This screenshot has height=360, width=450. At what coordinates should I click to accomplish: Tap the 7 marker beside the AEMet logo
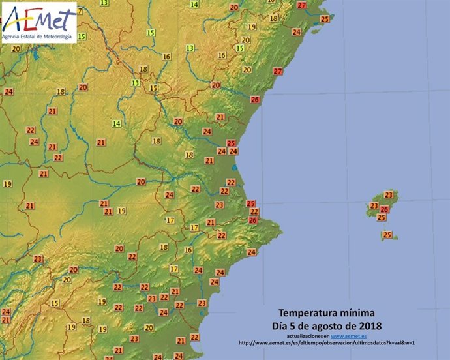coord(80,12)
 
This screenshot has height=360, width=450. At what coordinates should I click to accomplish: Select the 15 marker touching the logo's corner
coord(82,37)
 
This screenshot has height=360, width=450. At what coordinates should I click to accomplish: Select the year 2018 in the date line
coord(369,325)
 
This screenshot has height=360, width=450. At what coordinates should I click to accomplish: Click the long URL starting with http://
coord(327,343)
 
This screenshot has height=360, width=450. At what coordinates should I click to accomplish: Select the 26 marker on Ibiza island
coord(384,209)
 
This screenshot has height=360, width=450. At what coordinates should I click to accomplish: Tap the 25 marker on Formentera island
coord(387,235)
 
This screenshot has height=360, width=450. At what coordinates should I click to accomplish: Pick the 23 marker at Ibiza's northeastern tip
coord(389,195)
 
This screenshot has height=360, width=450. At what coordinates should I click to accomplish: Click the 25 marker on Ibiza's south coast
coord(382,218)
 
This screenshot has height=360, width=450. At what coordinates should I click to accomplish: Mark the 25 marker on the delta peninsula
coord(325,19)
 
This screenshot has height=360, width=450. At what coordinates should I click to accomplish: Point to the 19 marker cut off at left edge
coord(7,185)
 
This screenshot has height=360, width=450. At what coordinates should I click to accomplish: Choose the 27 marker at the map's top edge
coord(301,5)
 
